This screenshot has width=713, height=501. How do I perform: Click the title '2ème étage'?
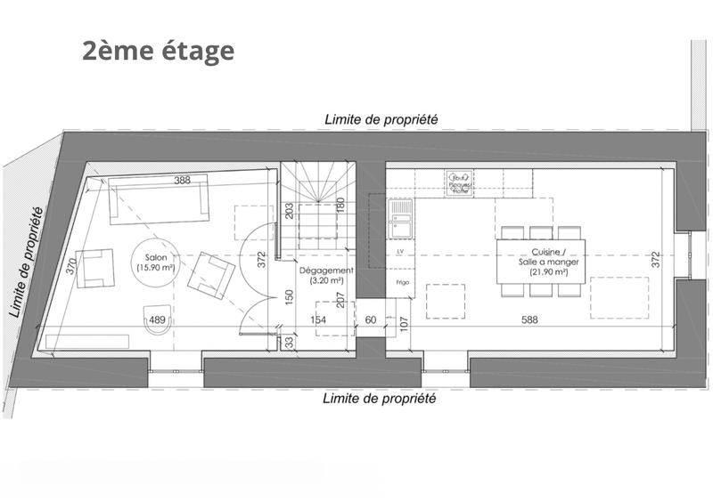click(x=158, y=51)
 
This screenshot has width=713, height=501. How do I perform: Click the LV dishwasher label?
click(x=400, y=253)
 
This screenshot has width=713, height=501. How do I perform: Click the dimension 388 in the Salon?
click(x=183, y=181)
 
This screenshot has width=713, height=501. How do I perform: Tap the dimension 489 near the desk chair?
click(x=157, y=320)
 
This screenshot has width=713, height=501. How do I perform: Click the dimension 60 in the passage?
click(x=370, y=319)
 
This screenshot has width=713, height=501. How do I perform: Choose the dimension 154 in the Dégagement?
click(x=318, y=319)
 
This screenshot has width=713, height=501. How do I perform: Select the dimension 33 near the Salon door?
click(x=290, y=340)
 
